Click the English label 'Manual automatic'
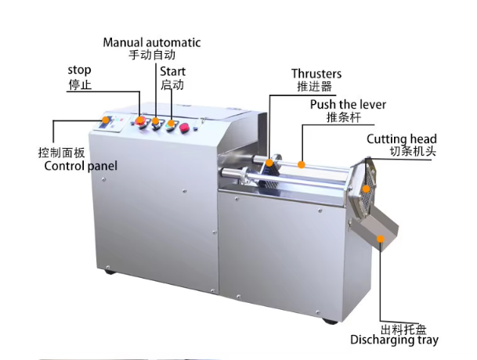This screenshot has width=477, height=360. pyautogui.click(x=152, y=42)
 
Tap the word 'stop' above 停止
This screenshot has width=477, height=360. pyautogui.click(x=79, y=70)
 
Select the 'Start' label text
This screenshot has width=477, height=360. pyautogui.click(x=174, y=70)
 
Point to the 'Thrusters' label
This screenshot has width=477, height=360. pyautogui.click(x=316, y=74)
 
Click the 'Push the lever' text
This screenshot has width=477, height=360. pyautogui.click(x=348, y=105)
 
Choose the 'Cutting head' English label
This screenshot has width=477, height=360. pyautogui.click(x=401, y=139)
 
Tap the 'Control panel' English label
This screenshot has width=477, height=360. pyautogui.click(x=81, y=166)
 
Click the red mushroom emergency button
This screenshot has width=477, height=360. pyautogui.click(x=186, y=128)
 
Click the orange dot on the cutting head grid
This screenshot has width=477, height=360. pyautogui.click(x=367, y=189)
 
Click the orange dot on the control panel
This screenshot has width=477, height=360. pyautogui.click(x=107, y=120)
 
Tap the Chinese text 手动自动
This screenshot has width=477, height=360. pyautogui.click(x=152, y=56)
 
